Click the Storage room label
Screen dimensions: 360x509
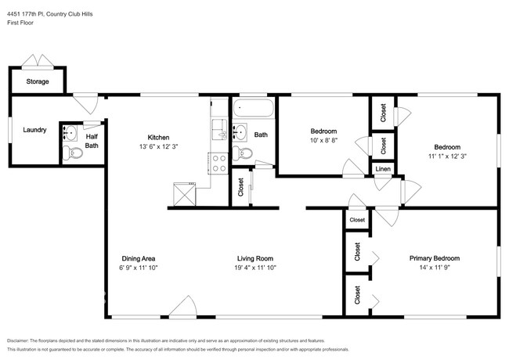click(x=38, y=81)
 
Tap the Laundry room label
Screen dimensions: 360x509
click(x=34, y=130)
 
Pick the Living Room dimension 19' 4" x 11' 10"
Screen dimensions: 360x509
click(x=255, y=268)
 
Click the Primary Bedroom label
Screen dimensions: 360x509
click(x=434, y=258)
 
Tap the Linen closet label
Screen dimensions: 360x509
click(x=382, y=169)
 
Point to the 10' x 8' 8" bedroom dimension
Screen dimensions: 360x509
click(x=323, y=141)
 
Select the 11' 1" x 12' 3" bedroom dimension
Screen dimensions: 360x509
click(x=447, y=157)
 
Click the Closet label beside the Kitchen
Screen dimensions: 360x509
click(x=240, y=188)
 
